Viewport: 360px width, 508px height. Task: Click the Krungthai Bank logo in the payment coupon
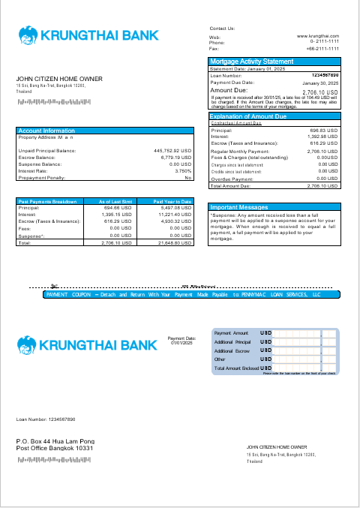88,344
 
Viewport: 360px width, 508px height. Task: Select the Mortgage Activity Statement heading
252,62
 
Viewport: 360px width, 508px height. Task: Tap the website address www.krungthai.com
318,36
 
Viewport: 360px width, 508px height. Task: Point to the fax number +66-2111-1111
322,48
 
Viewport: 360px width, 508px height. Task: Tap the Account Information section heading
46,131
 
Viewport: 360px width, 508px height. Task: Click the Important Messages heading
239,207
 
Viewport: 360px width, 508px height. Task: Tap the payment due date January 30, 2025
321,83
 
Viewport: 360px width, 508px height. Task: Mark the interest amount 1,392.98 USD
323,137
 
